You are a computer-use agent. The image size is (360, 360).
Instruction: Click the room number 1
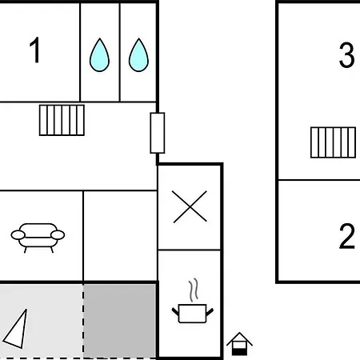point(35,50)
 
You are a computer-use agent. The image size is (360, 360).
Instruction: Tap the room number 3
point(346,55)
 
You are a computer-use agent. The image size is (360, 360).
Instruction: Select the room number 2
point(347,237)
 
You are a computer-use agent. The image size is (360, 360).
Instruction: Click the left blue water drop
point(99,55)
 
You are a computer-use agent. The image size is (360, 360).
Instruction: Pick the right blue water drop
point(138,55)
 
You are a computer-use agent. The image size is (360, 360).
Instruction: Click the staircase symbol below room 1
point(62,120)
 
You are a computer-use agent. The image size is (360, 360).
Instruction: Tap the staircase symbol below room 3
point(334,142)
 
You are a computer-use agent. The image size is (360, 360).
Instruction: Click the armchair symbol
point(38,238)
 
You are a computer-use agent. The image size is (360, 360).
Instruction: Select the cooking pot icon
point(193,313)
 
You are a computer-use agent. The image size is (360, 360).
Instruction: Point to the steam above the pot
point(194,290)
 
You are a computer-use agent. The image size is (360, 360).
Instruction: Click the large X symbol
point(190,206)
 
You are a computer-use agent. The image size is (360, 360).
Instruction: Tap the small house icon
point(239,344)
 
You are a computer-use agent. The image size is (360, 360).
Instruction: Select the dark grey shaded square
point(120,321)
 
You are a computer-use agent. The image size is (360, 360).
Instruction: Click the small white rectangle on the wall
point(158,133)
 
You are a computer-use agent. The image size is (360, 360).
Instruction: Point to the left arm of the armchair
point(18,235)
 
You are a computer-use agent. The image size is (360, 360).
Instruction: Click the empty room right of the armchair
point(120,236)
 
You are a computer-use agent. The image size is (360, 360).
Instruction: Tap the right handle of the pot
point(210,312)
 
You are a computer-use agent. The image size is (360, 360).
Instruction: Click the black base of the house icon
point(239,352)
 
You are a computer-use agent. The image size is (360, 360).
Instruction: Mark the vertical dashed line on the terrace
point(83,322)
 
